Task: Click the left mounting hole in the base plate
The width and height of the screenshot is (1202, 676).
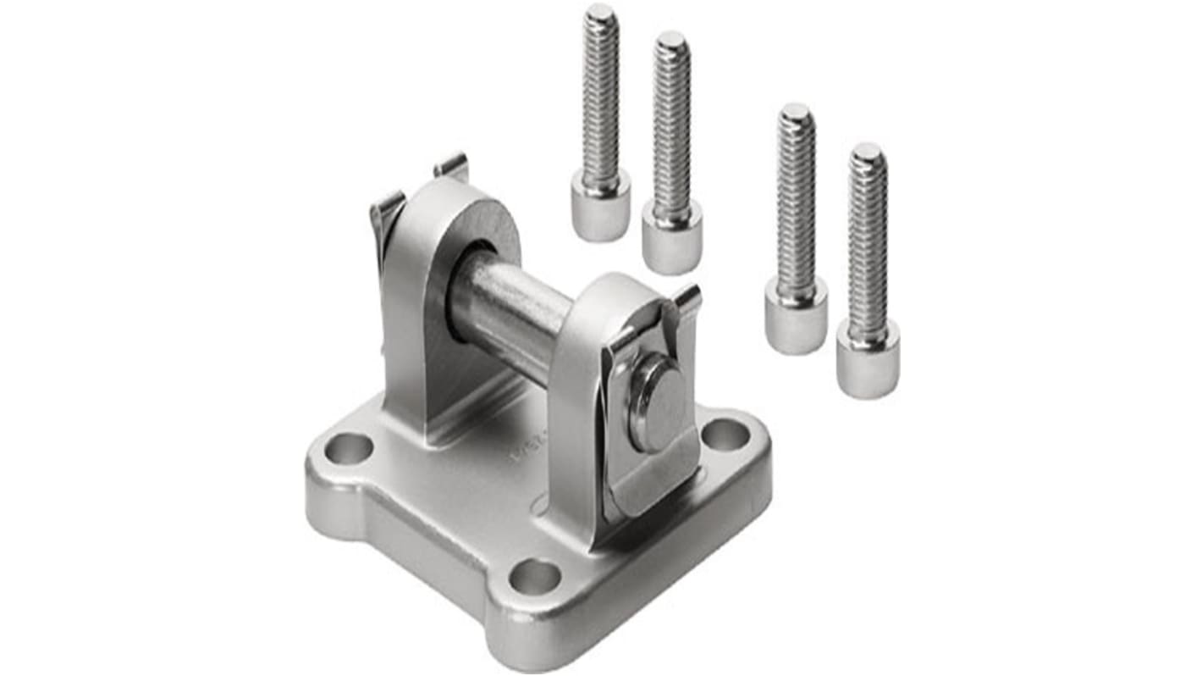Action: tap(349, 448)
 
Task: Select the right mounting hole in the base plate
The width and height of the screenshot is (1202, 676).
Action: tap(725, 434)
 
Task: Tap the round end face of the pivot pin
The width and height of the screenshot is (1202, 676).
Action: tap(659, 402)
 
